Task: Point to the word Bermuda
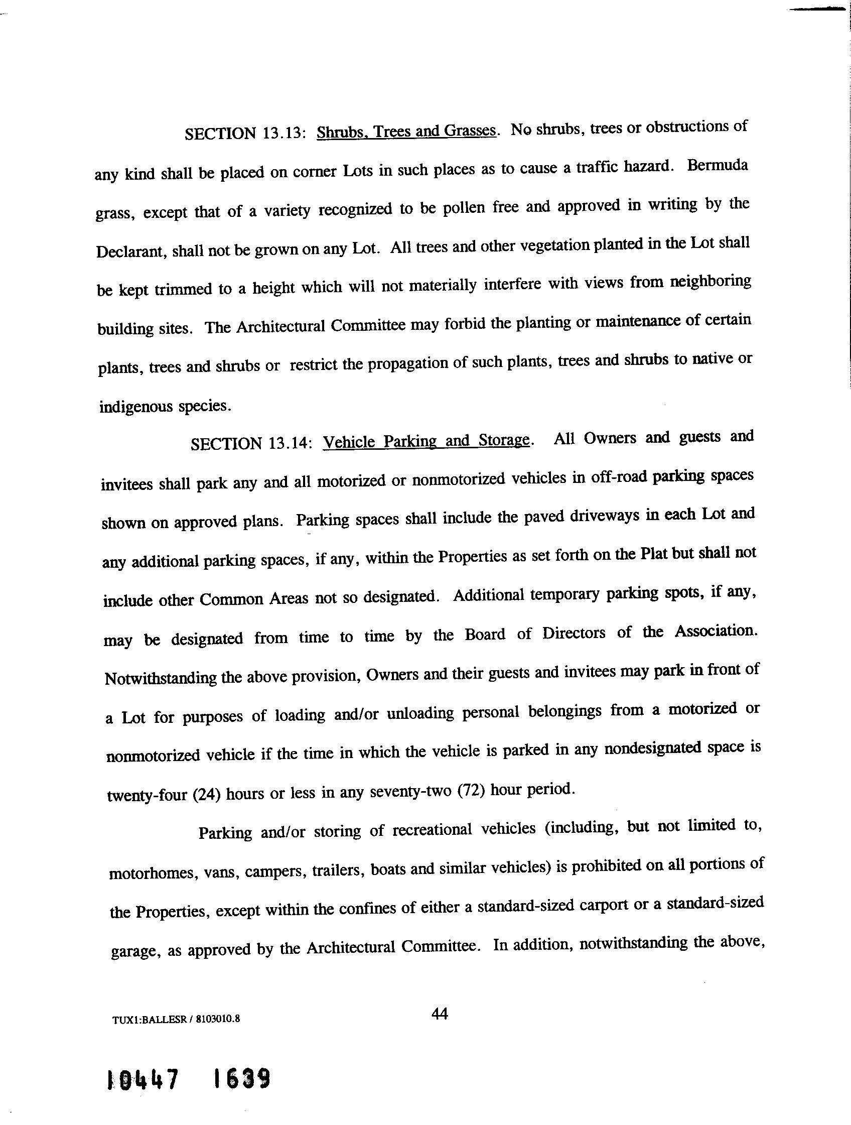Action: tap(717, 166)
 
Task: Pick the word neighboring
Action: tap(710, 281)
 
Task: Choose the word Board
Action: tap(485, 635)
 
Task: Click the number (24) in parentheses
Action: tap(206, 794)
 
